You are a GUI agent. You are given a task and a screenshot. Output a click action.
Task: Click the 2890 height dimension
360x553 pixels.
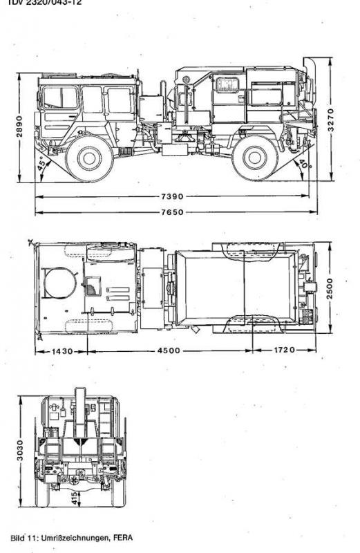tap(19, 126)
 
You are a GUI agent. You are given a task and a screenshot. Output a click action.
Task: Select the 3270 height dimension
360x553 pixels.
tap(330, 120)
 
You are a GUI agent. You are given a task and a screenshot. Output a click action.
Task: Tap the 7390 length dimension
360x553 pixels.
tap(173, 196)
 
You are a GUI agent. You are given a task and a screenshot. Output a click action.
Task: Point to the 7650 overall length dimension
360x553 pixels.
tap(173, 212)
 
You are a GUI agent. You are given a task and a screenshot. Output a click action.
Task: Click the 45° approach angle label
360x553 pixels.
tap(43, 164)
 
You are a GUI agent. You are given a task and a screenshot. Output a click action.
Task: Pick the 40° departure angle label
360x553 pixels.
tap(303, 164)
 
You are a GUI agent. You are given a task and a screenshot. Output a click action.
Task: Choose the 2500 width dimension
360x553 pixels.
tap(330, 288)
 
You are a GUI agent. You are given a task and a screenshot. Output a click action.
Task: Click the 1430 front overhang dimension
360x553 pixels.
tap(62, 351)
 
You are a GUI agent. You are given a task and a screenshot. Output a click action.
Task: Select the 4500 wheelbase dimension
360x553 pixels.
tap(169, 350)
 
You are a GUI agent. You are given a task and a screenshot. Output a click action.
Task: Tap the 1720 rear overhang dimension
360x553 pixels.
tap(284, 350)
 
